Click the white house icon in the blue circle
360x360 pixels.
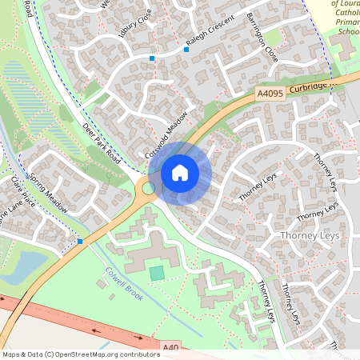(180, 172)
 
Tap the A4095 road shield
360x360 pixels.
(271, 94)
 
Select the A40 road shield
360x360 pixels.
(170, 348)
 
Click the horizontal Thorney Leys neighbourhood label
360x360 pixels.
(310, 236)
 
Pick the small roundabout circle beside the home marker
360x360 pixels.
(148, 188)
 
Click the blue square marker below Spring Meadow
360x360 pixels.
(80, 241)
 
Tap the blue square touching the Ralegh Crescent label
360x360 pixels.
(186, 50)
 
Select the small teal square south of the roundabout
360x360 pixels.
(157, 274)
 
